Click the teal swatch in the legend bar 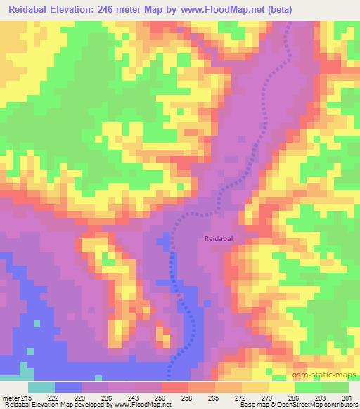pos(41,388)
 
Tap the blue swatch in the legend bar pos(68,388)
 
